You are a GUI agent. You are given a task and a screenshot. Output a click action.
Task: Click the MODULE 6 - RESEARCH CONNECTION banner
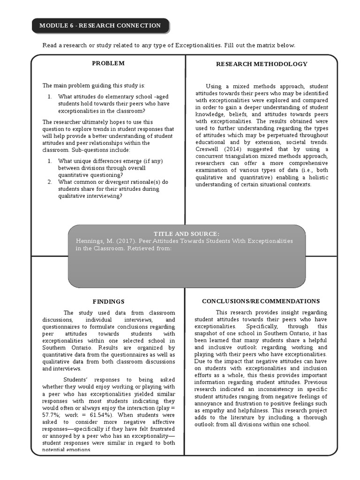pos(100,26)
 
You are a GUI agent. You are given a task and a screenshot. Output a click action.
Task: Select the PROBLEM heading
pos(108,63)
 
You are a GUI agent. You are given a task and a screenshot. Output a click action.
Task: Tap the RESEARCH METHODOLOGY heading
pos(262,64)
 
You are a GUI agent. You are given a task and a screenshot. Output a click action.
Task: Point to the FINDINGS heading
pos(108,302)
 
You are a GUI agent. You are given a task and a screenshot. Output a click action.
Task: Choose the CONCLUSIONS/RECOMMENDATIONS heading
pos(261,301)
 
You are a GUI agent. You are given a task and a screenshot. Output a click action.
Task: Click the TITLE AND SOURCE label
pos(187,234)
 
